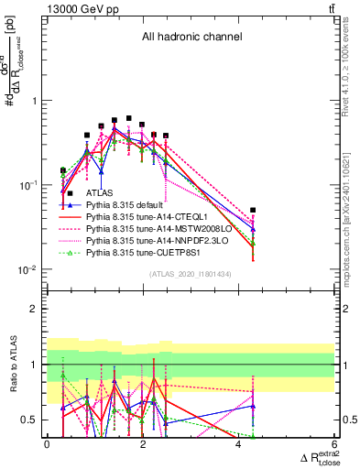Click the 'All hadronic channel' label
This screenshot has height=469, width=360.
coord(191,38)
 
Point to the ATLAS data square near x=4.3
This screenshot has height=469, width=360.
coord(253,211)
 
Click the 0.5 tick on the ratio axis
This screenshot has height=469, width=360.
coord(29,420)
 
